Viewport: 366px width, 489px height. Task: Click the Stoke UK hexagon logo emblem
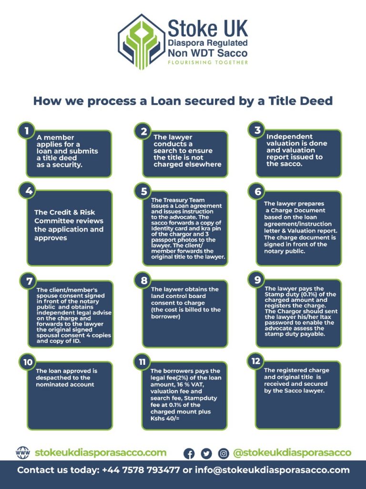(141, 42)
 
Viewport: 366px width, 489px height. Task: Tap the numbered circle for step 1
(27, 131)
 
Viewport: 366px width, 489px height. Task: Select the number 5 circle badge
(143, 191)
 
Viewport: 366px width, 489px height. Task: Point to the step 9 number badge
(257, 279)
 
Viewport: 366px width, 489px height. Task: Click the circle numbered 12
(256, 361)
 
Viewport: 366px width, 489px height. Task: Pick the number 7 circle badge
(29, 281)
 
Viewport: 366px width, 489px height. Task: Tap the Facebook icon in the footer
(189, 454)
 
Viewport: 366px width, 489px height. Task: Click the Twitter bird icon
(206, 454)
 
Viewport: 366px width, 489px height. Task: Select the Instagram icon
(223, 454)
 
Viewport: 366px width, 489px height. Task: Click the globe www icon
(23, 453)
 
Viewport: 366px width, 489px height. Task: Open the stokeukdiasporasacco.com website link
(101, 453)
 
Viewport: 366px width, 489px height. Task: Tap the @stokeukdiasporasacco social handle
(292, 453)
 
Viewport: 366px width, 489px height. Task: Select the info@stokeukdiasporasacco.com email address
(272, 470)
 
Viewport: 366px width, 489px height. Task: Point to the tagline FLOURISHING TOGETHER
(208, 63)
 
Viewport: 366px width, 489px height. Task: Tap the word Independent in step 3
(289, 137)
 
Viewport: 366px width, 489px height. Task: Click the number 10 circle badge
(28, 362)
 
